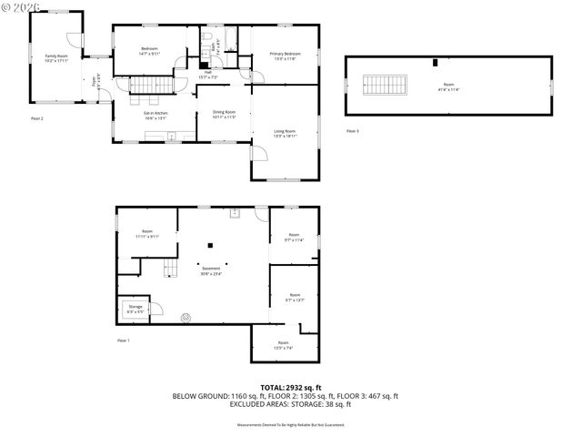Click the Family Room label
[56, 58]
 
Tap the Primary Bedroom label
[285, 56]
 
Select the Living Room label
[285, 134]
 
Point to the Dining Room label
[224, 115]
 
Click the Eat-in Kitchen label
[156, 115]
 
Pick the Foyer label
[95, 78]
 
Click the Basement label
[210, 270]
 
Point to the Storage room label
[135, 310]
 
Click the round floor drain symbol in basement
[186, 318]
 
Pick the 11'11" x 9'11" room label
[147, 234]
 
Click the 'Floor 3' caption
[353, 131]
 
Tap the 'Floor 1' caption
[124, 340]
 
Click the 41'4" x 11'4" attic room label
[448, 87]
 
